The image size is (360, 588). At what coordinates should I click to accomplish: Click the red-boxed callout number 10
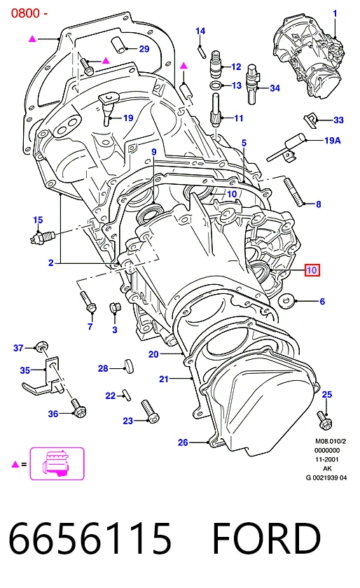[x=312, y=270]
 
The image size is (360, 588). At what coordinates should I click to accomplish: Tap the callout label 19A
[x=333, y=140]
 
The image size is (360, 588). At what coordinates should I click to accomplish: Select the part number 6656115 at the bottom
[x=90, y=538]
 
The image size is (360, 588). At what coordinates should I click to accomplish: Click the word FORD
[x=266, y=538]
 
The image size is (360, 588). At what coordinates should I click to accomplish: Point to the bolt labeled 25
[x=324, y=420]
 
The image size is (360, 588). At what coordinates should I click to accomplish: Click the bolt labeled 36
[x=78, y=409]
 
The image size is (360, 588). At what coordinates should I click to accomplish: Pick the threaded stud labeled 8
[x=294, y=191]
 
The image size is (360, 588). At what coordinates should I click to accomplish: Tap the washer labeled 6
[x=286, y=300]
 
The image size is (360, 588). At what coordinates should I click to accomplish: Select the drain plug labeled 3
[x=114, y=308]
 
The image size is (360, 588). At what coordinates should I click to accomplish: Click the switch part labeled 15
[x=43, y=237]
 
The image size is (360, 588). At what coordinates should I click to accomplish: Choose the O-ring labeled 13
[x=216, y=85]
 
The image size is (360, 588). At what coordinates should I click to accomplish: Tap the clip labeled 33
[x=310, y=120]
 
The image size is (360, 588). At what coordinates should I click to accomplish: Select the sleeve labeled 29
[x=118, y=45]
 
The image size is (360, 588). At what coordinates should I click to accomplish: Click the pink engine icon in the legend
[x=57, y=463]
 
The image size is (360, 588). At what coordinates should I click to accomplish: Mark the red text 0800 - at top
[x=29, y=13]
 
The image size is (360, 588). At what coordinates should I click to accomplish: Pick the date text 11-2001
[x=326, y=459]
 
